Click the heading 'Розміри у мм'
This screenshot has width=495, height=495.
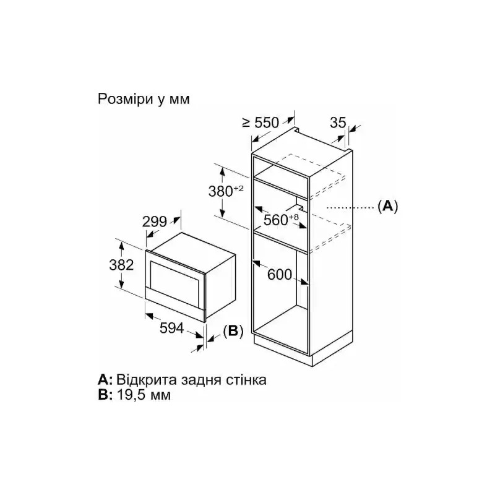144,99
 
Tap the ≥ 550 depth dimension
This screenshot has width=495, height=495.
260,123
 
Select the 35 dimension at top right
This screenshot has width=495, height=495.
338,123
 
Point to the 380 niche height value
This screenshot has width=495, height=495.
221,191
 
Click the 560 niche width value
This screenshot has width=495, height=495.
275,220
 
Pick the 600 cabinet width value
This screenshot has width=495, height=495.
280,274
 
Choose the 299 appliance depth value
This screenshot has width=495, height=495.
154,222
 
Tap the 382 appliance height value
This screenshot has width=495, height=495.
121,265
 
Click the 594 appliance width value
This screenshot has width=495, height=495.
172,328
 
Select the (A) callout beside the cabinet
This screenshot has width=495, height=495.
388,206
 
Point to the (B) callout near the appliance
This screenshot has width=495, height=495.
233,331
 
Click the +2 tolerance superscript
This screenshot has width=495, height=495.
239,189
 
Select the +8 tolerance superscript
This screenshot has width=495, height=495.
293,217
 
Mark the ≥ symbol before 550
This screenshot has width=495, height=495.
246,123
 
